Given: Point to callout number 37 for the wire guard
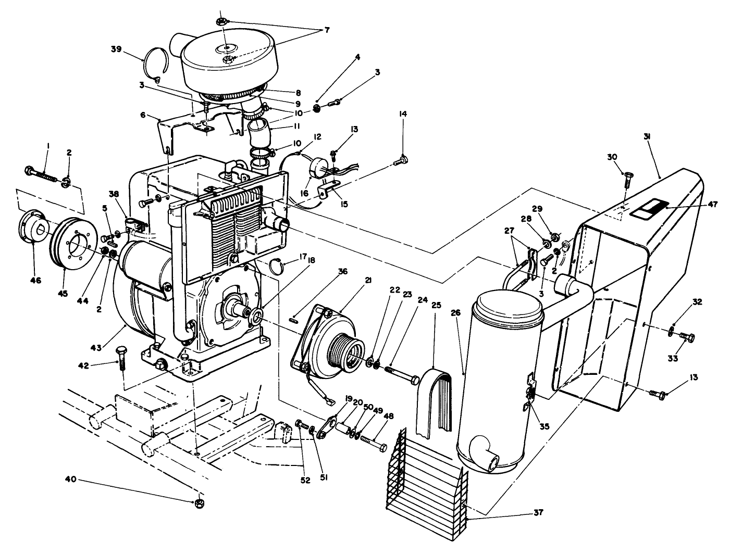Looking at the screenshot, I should coord(538,512).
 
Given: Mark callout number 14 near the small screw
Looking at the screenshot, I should coord(403,113).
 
